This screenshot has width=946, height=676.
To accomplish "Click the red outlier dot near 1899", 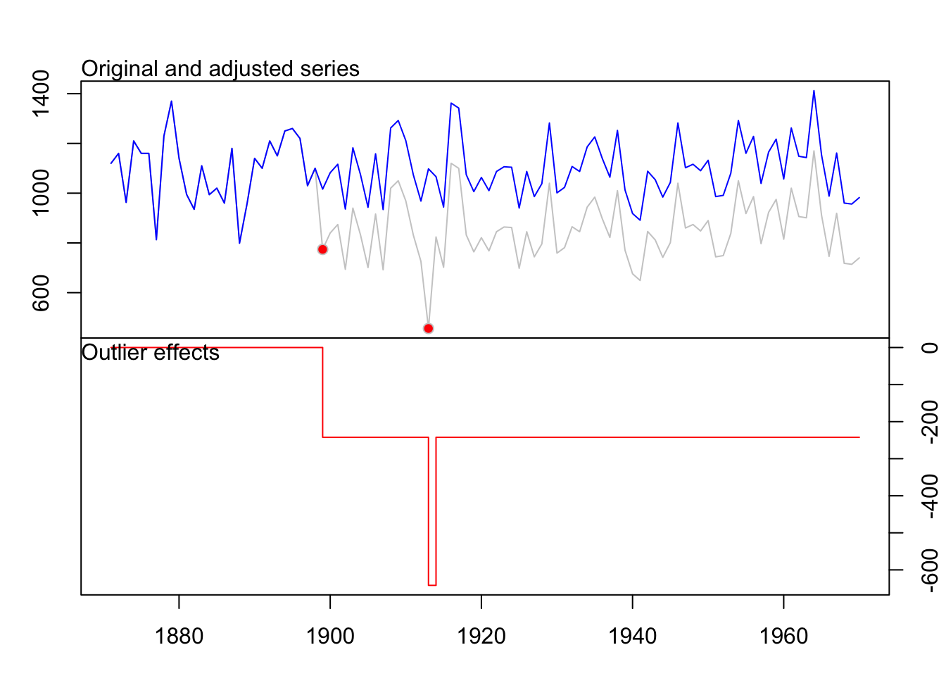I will point(322,249).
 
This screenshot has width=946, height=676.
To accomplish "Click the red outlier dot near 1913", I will point(428,328).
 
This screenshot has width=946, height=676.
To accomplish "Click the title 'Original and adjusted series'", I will point(220,69).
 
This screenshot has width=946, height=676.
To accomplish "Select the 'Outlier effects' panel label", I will point(151,353).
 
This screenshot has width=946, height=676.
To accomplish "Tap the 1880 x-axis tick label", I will point(179,637).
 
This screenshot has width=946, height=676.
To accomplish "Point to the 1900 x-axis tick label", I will point(330,637).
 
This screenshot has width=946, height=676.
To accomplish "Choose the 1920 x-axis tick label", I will point(481,637).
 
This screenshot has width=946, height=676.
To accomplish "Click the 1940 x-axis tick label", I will point(633,637).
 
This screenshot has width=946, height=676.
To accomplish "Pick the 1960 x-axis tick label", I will point(783,637).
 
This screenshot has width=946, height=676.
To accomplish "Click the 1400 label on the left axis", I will point(41,94).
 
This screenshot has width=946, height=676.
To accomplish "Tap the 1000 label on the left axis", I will point(41,193).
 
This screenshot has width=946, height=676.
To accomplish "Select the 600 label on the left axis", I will point(41,292).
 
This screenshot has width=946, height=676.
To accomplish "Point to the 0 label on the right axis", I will point(929,348).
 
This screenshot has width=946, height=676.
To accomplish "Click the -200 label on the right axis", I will point(929,422).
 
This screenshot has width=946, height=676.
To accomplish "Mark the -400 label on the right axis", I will point(929,496).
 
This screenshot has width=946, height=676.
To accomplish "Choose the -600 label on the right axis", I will point(929,570).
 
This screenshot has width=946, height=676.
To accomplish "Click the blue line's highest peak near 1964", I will point(814,91).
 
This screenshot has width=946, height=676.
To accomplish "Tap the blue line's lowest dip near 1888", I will point(239,243).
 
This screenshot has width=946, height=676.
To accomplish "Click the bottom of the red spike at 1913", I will point(432,584).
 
